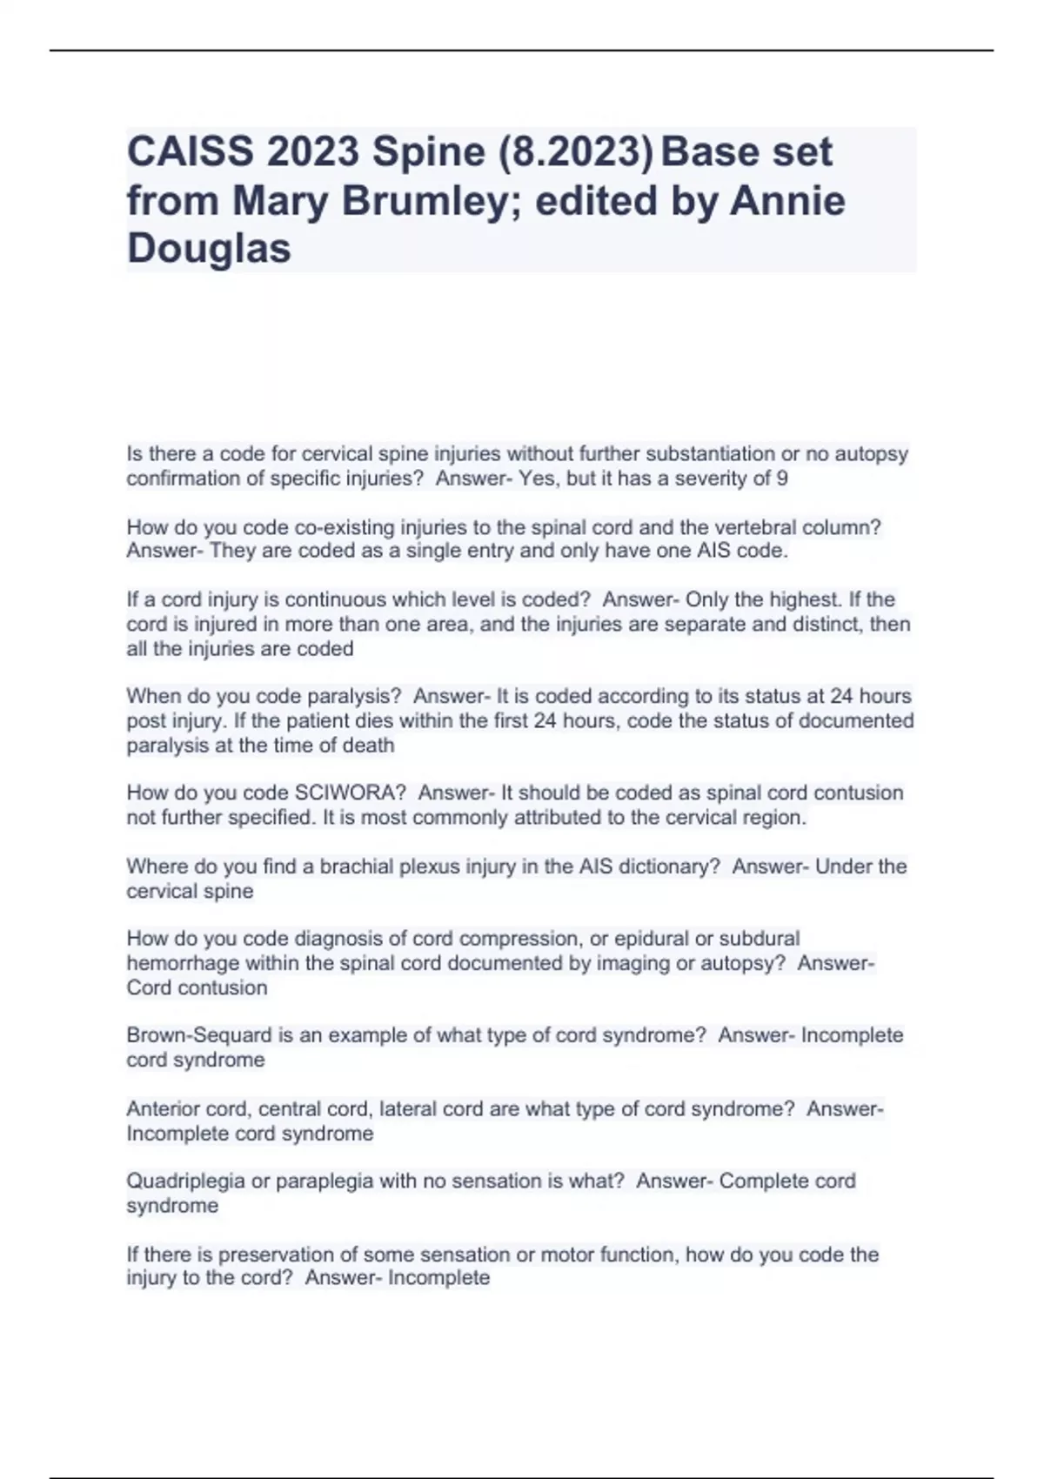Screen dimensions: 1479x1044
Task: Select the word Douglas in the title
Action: [x=209, y=249]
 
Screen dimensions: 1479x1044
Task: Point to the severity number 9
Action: [x=783, y=478]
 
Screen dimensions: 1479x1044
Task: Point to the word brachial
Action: [x=356, y=867]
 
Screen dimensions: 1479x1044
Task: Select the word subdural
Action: [x=760, y=939]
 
